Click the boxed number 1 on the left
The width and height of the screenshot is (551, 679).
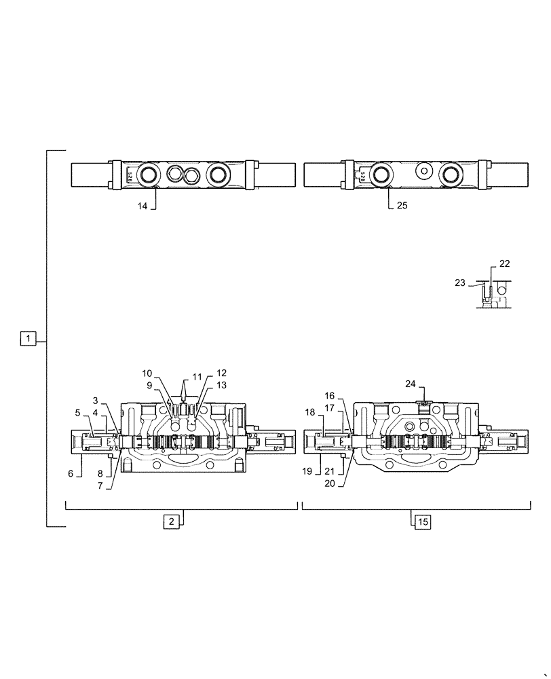26,337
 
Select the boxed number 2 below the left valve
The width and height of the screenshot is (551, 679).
172,521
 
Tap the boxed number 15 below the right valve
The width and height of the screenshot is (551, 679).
422,521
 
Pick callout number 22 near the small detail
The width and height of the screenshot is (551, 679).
504,263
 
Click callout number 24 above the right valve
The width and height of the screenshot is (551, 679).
411,384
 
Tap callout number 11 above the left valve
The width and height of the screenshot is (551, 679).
197,376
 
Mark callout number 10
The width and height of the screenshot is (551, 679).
147,373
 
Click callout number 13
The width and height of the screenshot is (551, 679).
222,386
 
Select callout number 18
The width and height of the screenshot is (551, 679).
309,412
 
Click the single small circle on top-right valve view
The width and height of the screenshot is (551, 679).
425,172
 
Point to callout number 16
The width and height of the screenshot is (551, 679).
329,396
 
